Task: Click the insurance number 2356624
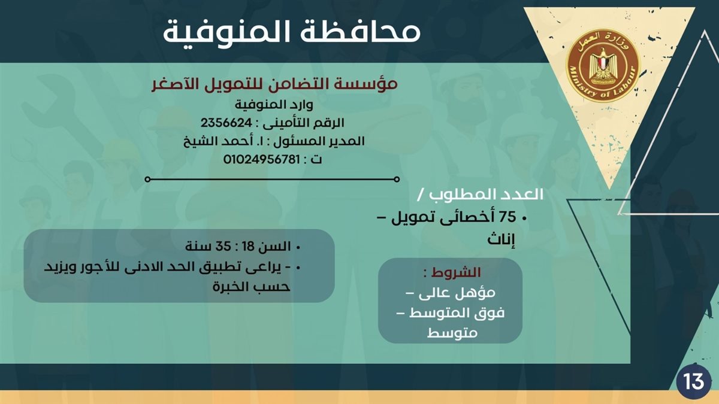[228, 123]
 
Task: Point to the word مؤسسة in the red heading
[371, 85]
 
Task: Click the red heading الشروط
[461, 272]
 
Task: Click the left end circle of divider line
[147, 179]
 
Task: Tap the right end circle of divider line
[397, 179]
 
